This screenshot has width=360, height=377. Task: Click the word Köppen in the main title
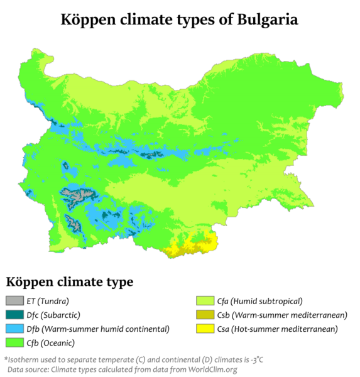(90, 19)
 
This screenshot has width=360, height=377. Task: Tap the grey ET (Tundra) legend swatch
(13, 301)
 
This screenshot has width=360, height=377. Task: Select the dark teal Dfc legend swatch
(13, 315)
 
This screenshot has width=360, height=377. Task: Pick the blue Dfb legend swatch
(13, 329)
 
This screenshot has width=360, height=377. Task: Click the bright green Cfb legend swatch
(13, 342)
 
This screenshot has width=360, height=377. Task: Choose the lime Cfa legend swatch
(202, 301)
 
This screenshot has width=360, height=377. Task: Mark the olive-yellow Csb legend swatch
(202, 315)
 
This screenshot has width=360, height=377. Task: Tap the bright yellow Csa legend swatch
(202, 329)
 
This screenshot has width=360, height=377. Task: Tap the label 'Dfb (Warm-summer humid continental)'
(98, 329)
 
